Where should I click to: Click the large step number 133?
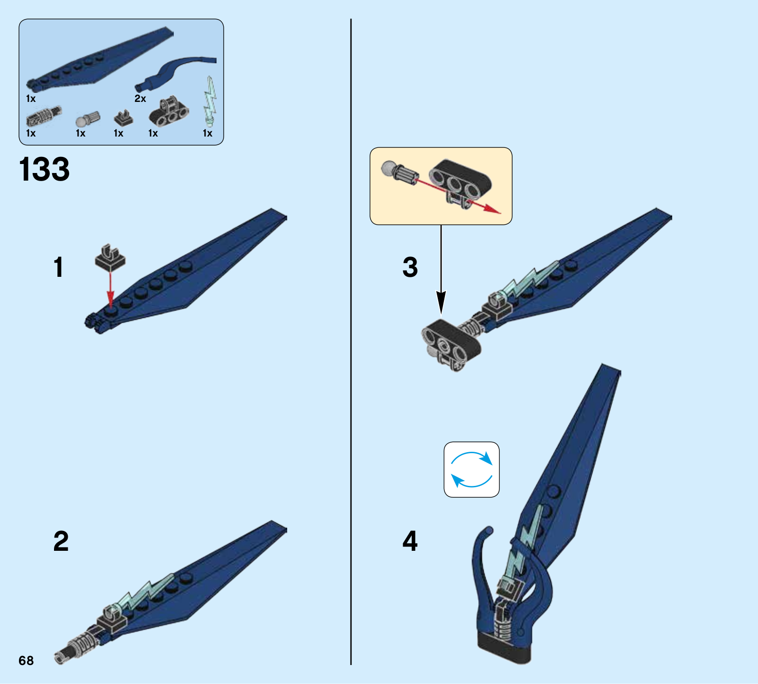(44, 169)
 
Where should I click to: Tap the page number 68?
(26, 660)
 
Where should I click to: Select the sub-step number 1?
(58, 267)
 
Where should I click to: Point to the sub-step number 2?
(61, 541)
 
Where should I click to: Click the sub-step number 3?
(410, 267)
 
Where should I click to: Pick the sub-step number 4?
(410, 541)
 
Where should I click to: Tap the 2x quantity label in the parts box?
(140, 99)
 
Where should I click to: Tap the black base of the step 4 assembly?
(504, 647)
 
